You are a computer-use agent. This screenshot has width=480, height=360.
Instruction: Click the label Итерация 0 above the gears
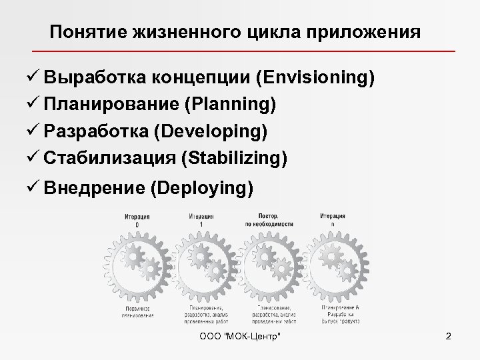137,220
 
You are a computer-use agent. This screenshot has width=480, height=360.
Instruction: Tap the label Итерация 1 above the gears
201,220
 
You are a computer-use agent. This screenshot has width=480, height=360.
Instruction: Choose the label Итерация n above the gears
332,220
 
